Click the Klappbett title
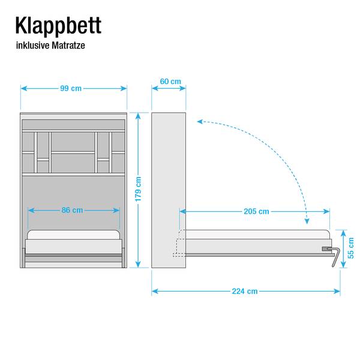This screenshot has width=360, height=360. pyautogui.click(x=58, y=26)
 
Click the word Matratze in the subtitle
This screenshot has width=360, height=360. pyautogui.click(x=68, y=46)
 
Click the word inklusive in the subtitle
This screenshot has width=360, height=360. pyautogui.click(x=32, y=46)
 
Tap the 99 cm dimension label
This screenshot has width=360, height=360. pyautogui.click(x=71, y=88)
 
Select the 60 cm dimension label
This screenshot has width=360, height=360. pyautogui.click(x=170, y=81)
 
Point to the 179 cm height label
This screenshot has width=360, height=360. pyautogui.click(x=138, y=189)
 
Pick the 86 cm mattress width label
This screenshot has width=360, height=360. pyautogui.click(x=72, y=210)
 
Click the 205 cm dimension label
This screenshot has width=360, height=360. pyautogui.click(x=256, y=211)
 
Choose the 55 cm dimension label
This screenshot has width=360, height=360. pyautogui.click(x=350, y=248)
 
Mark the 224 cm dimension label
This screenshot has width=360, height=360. pyautogui.click(x=245, y=291)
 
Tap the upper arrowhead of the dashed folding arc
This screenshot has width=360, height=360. pyautogui.click(x=200, y=121)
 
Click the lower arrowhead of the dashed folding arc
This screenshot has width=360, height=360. pyautogui.click(x=307, y=221)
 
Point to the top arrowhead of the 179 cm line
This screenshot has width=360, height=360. pyautogui.click(x=138, y=116)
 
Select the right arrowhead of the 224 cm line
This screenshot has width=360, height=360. pyautogui.click(x=337, y=292)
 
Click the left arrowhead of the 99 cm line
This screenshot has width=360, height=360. pyautogui.click(x=24, y=88)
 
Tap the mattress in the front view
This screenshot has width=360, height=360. pyautogui.click(x=73, y=235)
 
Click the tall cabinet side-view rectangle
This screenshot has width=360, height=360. pyautogui.click(x=169, y=190)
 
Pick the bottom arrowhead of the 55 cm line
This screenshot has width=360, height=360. pyautogui.click(x=343, y=265)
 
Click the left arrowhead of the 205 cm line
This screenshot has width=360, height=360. pyautogui.click(x=183, y=211)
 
